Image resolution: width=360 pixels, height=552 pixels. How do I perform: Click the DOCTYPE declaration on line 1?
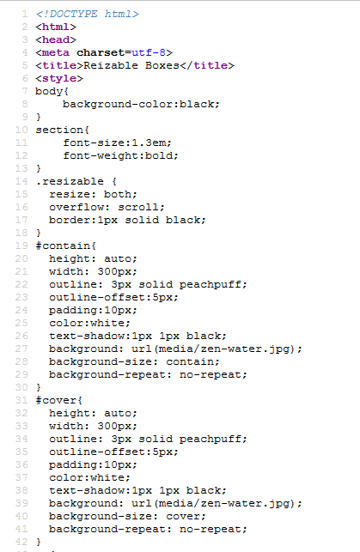coord(88,14)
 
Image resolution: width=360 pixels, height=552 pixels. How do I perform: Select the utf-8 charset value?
coord(149,52)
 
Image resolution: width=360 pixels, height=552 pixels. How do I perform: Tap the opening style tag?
coord(59,78)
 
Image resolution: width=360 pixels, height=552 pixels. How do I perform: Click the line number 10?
coord(21,130)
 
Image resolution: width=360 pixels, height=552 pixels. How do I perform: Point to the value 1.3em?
coord(148,143)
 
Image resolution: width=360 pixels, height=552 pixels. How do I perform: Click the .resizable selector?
coord(70,181)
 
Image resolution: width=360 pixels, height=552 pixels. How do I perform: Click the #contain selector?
coord(63,246)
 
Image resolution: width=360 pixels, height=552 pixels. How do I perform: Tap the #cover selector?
coord(56,400)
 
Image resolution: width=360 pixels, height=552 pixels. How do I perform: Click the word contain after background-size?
coord(190,361)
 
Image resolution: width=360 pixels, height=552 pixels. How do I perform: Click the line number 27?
coord(21,349)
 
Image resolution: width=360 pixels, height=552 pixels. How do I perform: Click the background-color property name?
coord(119,104)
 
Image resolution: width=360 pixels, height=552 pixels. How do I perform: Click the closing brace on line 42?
coord(39,543)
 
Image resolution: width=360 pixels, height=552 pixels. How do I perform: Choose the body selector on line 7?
coord(49,91)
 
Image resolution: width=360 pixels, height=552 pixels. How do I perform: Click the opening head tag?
coord(56,39)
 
